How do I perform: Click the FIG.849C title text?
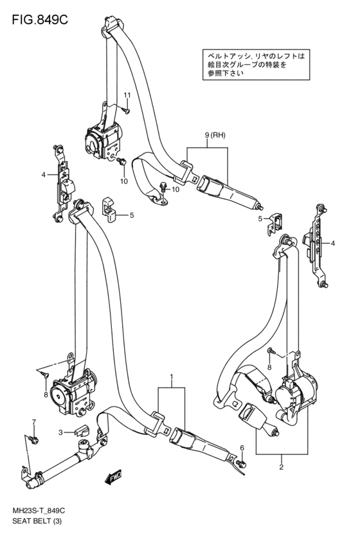tap(40, 20)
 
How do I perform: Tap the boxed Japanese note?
tap(256, 64)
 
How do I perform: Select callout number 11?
tap(127, 95)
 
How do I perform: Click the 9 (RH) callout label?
tap(215, 136)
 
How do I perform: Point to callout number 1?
tap(172, 377)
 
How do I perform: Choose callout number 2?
tap(281, 467)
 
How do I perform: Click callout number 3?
tap(60, 433)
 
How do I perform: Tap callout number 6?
tap(242, 448)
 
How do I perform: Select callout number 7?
tap(34, 422)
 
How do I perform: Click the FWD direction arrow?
tap(113, 476)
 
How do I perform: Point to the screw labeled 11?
tap(126, 111)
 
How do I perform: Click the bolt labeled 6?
tap(241, 463)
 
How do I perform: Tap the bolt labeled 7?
tap(34, 438)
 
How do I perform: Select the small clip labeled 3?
tap(82, 431)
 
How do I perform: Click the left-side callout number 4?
tap(43, 175)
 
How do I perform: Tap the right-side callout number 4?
tap(333, 243)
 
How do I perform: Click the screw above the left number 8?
tap(44, 374)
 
